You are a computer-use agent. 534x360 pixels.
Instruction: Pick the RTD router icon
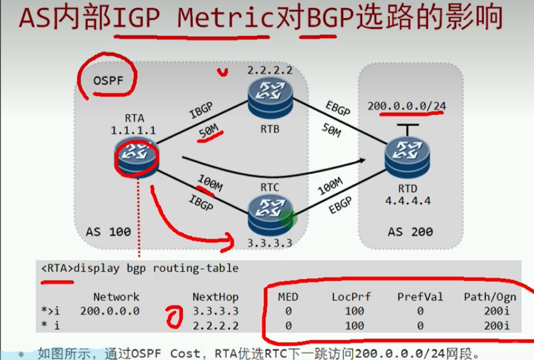coord(407,155)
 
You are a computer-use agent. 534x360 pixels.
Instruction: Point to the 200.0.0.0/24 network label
coord(407,105)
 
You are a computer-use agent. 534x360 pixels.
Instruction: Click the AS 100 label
coord(108,232)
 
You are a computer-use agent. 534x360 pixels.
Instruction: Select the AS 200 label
coord(411,232)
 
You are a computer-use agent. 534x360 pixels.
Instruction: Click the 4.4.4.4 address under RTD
coord(408,201)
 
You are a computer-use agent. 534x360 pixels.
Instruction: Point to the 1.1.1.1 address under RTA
coord(133,130)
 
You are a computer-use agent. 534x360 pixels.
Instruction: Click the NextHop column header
coord(215,296)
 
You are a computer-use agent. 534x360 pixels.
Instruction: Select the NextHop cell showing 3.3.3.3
coord(215,311)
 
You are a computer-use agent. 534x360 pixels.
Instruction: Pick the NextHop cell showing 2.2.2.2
coord(215,325)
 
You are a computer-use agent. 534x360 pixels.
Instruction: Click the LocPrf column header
coord(351,296)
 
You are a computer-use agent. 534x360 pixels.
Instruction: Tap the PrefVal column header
coord(420,296)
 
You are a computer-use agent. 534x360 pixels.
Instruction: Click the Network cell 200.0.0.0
coord(110,311)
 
